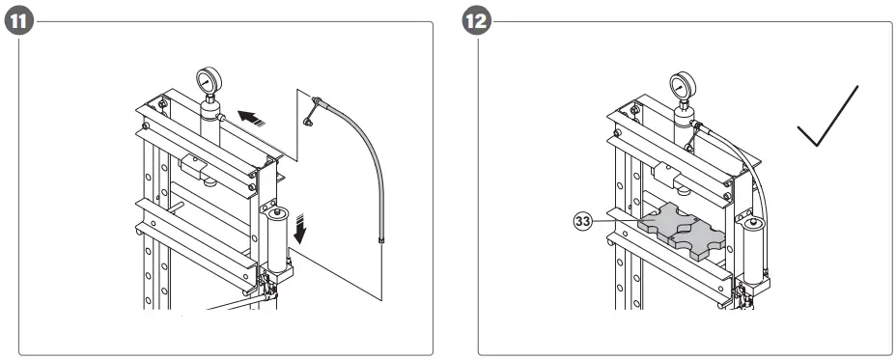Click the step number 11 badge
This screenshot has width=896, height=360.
(x=18, y=21)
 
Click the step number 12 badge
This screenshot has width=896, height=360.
(x=478, y=21)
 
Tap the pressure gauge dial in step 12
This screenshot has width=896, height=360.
(x=684, y=84)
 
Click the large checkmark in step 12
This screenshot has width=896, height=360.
(x=828, y=118)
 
